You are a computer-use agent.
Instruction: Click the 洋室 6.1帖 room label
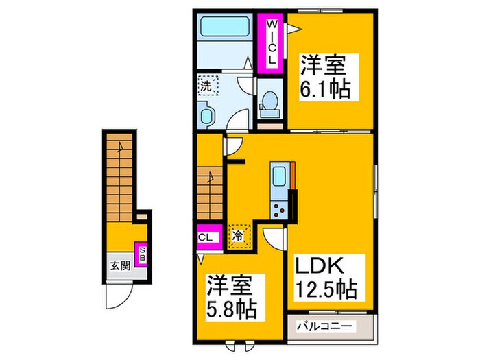325,78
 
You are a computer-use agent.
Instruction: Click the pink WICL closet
272,42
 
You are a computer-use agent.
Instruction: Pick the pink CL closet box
208,238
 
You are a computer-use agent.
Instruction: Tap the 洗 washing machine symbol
207,86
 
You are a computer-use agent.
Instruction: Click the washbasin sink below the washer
206,115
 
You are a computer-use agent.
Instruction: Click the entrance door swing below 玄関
119,297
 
